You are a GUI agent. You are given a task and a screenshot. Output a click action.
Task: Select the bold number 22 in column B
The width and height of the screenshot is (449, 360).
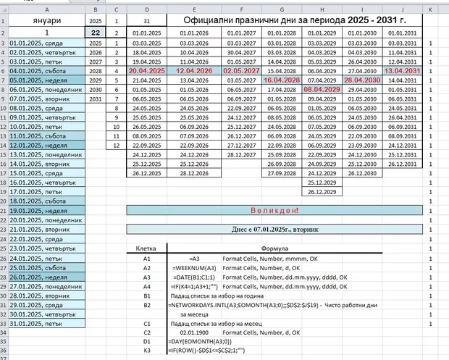(96, 33)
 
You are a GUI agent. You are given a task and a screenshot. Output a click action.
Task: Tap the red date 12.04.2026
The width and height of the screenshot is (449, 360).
(193, 71)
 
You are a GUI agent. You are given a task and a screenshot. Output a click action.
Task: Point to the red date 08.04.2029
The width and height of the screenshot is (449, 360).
(322, 89)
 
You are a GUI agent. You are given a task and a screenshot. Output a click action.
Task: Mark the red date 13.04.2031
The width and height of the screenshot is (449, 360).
(403, 71)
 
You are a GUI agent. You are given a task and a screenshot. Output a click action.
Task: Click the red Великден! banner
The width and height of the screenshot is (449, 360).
(274, 210)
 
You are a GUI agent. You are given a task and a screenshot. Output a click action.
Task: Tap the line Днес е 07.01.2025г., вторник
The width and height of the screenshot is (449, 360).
(274, 229)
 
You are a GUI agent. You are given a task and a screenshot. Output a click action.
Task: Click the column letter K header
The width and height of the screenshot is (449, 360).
(431, 9)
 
